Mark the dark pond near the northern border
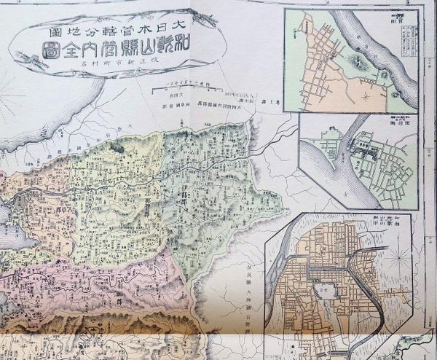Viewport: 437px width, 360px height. click(116, 146)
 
